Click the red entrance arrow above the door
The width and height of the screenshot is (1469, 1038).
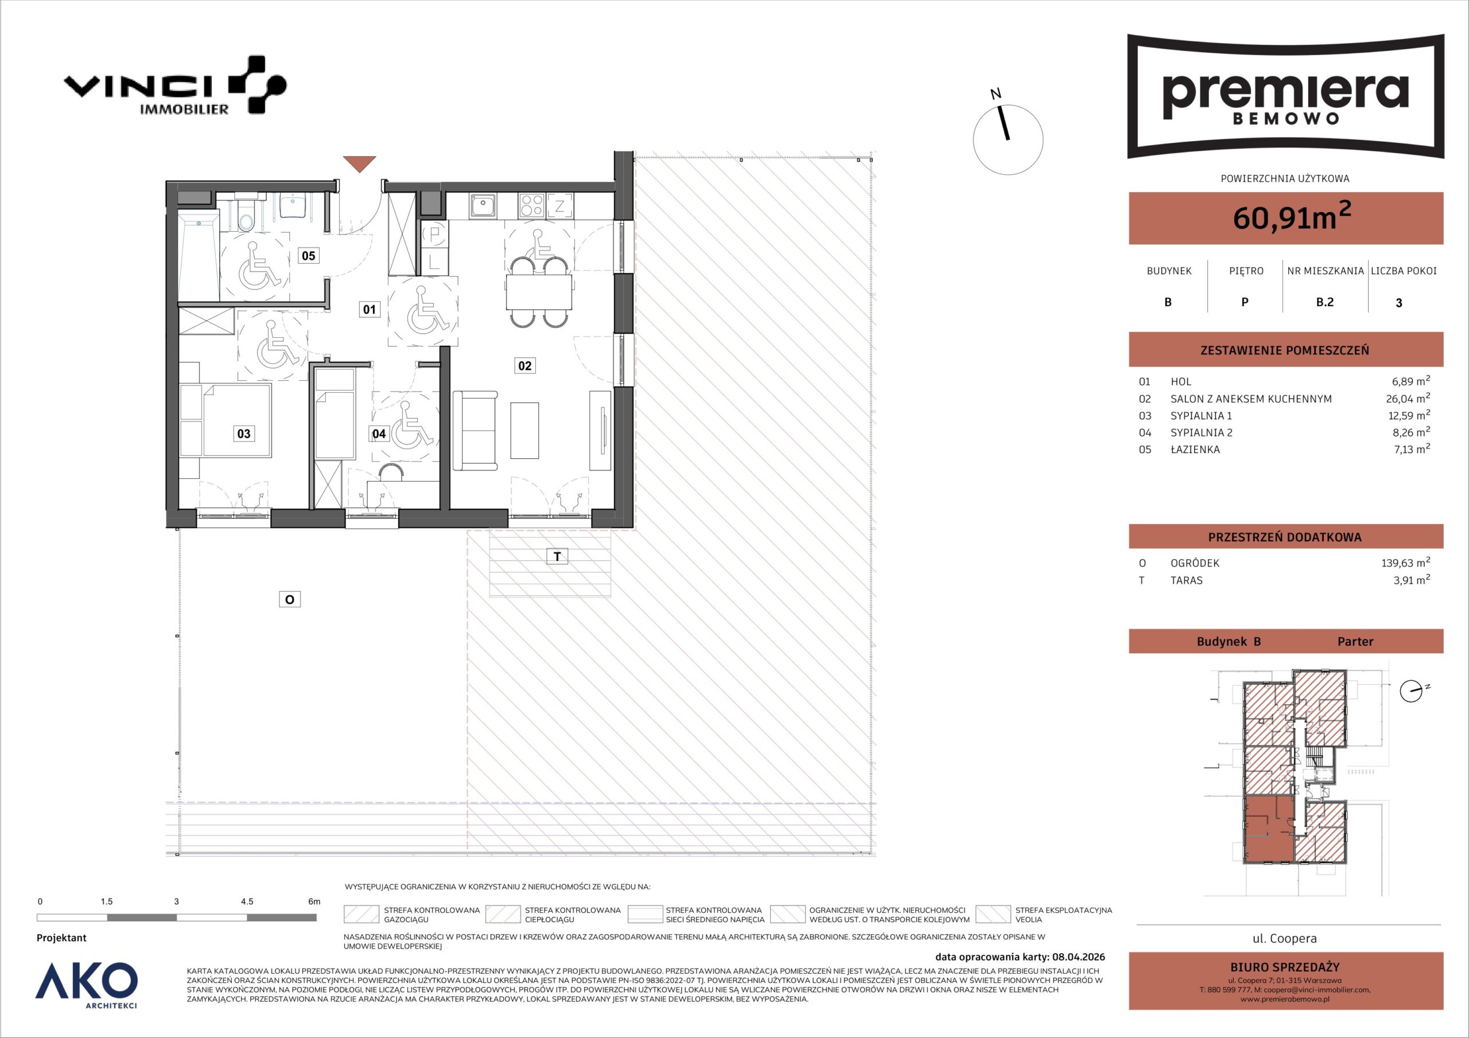pyautogui.click(x=359, y=163)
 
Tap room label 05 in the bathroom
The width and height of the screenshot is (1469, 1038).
pyautogui.click(x=308, y=256)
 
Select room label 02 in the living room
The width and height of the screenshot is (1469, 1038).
pyautogui.click(x=524, y=366)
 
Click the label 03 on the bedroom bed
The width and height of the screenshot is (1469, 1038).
pyautogui.click(x=244, y=434)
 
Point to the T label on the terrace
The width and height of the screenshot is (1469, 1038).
pyautogui.click(x=557, y=556)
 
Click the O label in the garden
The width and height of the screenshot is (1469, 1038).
pyautogui.click(x=290, y=599)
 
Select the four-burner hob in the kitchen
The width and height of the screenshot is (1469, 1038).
pyautogui.click(x=531, y=205)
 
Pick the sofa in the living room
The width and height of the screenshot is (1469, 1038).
pyautogui.click(x=475, y=431)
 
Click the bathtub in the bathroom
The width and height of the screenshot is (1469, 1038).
pyautogui.click(x=199, y=255)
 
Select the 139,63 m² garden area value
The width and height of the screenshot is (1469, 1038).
pyautogui.click(x=1406, y=563)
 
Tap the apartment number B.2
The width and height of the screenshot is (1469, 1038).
pyautogui.click(x=1324, y=302)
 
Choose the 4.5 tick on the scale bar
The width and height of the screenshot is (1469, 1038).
pyautogui.click(x=247, y=901)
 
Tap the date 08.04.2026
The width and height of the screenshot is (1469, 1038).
pyautogui.click(x=1078, y=957)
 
